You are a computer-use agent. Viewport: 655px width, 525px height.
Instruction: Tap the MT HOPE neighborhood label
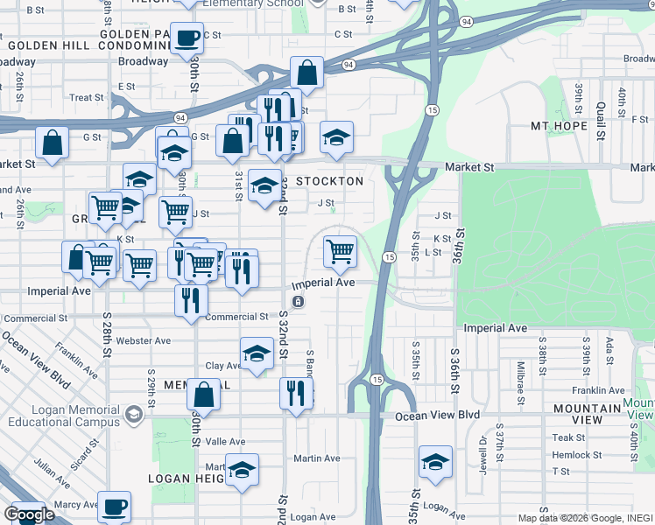[x=559, y=126]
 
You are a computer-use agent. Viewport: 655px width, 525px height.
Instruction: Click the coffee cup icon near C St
[x=186, y=38]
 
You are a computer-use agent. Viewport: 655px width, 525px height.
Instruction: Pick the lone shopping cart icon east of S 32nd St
[x=339, y=252]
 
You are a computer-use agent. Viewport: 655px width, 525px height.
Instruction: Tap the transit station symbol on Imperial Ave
[x=299, y=302]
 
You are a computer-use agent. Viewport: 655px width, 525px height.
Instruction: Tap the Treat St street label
[x=87, y=98]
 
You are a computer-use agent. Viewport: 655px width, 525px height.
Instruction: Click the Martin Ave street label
[x=317, y=458]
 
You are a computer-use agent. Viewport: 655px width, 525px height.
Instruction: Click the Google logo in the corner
[x=29, y=514]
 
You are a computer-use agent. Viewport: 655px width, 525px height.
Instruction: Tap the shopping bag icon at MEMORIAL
[x=203, y=396]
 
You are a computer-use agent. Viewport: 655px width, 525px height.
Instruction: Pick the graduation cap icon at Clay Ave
[x=256, y=353]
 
